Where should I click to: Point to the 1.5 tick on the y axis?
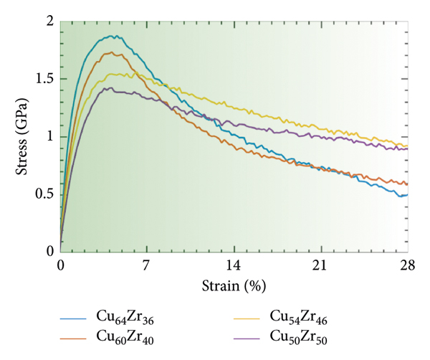44,80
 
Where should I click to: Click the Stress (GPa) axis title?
23,136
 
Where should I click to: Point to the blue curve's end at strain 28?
407,194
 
